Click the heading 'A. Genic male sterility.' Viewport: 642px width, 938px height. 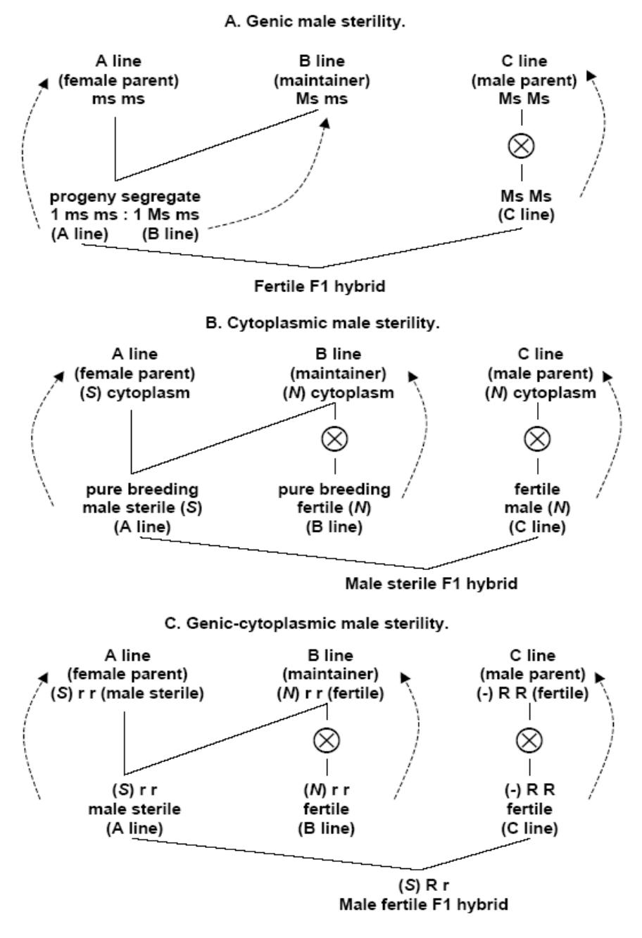(321, 22)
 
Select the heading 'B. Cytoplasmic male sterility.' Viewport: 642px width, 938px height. (321, 324)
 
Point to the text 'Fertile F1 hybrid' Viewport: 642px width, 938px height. (320, 287)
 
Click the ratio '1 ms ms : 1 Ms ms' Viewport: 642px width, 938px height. (125, 215)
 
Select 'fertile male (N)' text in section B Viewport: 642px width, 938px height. (538, 498)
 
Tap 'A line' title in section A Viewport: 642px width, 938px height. (118, 62)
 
